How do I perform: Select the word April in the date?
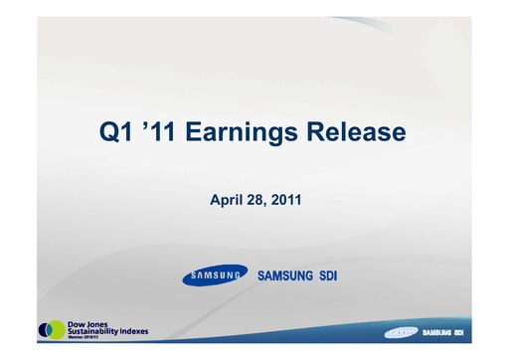(224, 201)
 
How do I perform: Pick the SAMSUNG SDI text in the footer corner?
(448, 331)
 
